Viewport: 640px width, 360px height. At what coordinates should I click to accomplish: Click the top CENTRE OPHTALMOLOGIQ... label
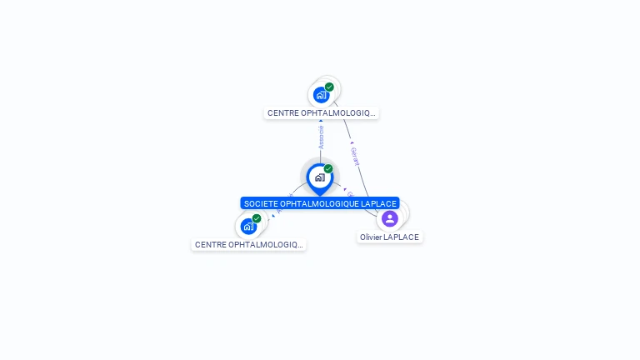point(322,112)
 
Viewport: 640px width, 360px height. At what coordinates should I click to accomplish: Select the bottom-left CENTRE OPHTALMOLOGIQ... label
point(248,245)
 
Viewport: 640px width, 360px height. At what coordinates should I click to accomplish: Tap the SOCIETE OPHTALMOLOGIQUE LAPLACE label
point(320,203)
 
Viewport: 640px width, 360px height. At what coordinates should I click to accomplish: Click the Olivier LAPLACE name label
point(389,237)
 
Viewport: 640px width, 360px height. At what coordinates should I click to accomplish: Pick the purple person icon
point(389,218)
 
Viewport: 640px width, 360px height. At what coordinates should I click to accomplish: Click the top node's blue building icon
point(321,95)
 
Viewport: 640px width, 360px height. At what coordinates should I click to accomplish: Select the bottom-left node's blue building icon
point(247,226)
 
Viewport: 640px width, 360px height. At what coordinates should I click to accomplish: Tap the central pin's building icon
point(319,177)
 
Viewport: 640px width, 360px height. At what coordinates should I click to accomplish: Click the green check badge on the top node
point(329,87)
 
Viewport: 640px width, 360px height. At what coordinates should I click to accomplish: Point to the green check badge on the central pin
point(328,169)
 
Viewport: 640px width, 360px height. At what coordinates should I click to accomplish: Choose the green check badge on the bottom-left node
point(257,218)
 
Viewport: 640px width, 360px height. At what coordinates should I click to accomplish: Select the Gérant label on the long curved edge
point(356,157)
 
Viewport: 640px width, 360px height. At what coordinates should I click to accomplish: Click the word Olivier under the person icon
point(372,237)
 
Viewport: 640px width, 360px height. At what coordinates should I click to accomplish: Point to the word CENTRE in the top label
point(282,112)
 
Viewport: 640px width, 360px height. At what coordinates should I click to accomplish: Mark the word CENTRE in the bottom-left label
point(209,245)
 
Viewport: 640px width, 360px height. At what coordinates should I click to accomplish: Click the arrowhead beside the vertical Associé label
point(321,122)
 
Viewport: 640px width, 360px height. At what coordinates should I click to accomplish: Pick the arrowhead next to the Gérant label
point(352,142)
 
